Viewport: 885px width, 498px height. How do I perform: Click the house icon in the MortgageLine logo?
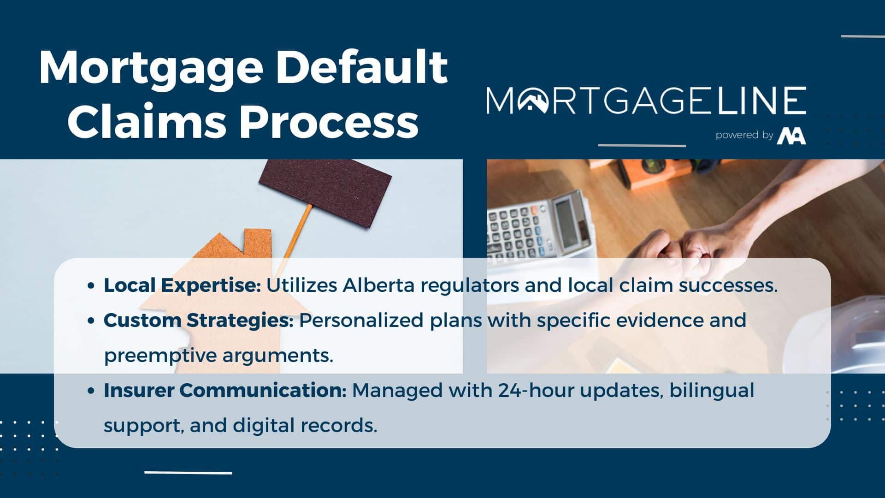(533, 100)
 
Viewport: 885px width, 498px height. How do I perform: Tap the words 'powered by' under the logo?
(744, 135)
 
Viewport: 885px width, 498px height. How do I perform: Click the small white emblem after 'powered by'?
(791, 136)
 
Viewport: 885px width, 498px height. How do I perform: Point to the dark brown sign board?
(325, 192)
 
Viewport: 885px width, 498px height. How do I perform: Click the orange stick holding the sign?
(295, 239)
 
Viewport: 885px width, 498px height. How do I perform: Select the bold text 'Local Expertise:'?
(183, 285)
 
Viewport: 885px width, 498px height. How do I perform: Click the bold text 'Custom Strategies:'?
(199, 320)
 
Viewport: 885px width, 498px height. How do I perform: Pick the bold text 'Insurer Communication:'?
(225, 390)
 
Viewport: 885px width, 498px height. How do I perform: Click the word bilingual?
(712, 391)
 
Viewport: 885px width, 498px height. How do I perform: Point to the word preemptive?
(161, 356)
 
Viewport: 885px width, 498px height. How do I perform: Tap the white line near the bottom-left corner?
(188, 473)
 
